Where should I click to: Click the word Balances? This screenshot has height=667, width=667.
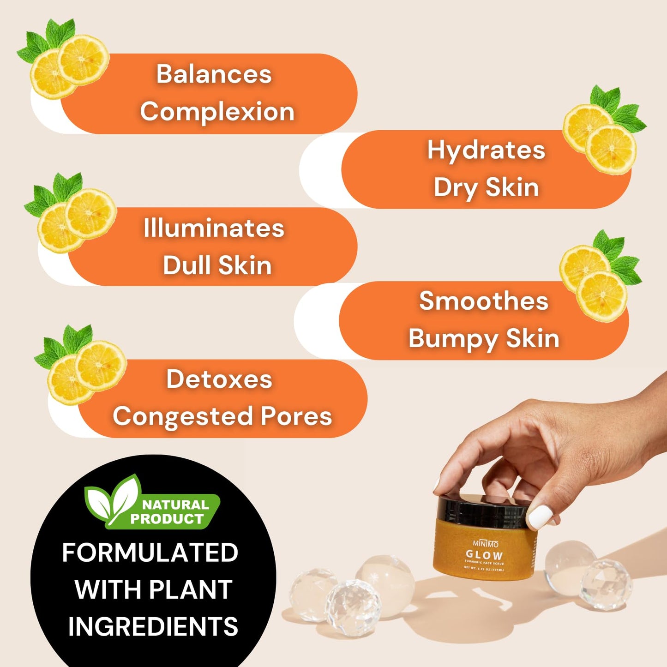click(x=214, y=74)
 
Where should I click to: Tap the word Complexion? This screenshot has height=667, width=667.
click(x=217, y=112)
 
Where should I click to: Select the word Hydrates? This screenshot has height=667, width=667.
click(x=486, y=150)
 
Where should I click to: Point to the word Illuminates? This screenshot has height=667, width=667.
click(x=214, y=228)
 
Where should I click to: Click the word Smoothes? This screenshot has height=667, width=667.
click(x=483, y=301)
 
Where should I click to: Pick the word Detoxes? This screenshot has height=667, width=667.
click(x=219, y=379)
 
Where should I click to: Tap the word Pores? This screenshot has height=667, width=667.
click(x=296, y=416)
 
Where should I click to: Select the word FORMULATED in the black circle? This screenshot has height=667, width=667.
click(x=150, y=553)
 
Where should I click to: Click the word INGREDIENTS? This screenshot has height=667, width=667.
click(x=153, y=626)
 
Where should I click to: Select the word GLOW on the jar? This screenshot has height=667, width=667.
click(x=484, y=555)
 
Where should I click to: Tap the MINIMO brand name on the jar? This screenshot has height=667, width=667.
click(x=485, y=543)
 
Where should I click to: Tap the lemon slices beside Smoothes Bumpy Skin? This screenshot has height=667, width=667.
click(x=595, y=282)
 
